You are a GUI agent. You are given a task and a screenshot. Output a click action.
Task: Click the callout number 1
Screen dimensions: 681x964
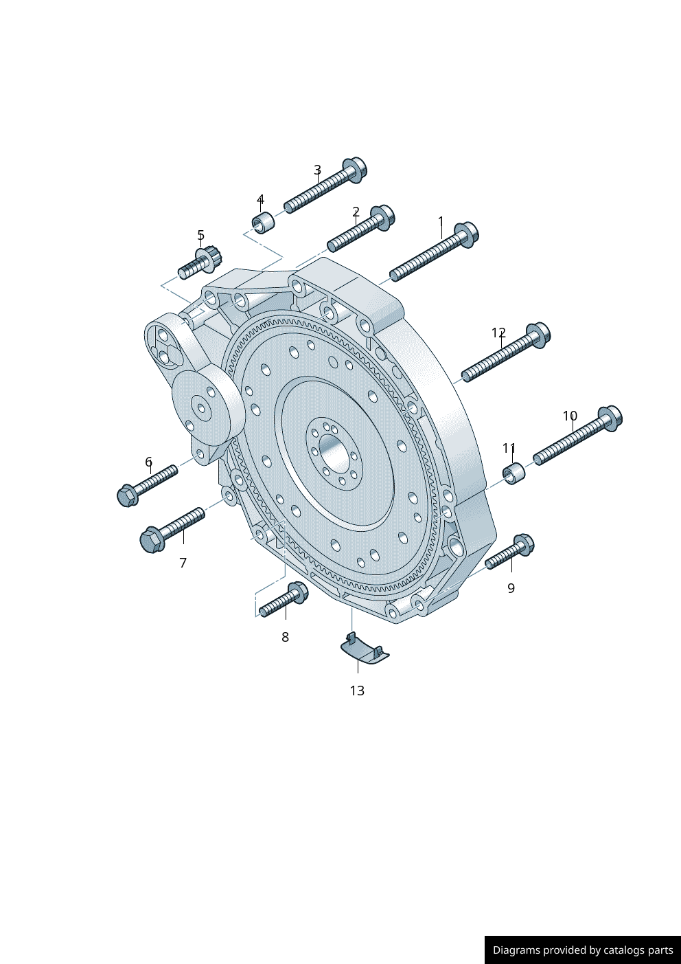[x=441, y=222]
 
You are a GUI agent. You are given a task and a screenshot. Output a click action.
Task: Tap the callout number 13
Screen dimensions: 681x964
[x=357, y=691]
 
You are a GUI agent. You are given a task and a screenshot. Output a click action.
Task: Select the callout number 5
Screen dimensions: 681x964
[x=200, y=236]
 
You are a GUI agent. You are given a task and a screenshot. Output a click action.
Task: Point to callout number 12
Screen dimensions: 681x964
[x=498, y=333]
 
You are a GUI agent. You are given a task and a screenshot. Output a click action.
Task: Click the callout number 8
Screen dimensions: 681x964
[x=285, y=638]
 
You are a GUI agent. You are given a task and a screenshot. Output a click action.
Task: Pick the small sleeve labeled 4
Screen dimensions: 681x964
[x=263, y=223]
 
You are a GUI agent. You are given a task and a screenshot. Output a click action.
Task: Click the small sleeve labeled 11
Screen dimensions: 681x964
[x=513, y=473]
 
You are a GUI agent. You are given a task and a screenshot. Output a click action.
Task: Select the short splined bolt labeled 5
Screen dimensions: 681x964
[x=200, y=262]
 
